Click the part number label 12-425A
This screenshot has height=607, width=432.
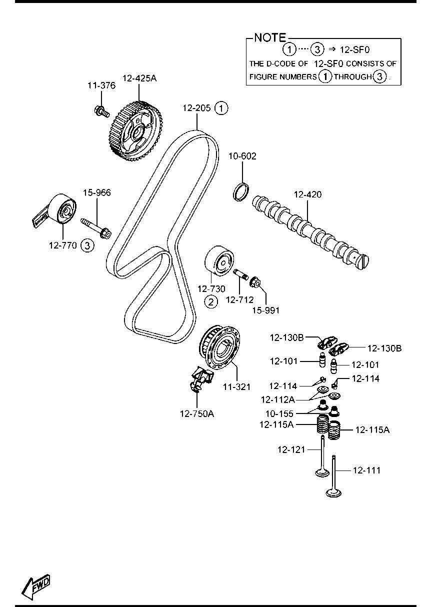(x=139, y=78)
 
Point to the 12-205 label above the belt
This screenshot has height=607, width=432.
(x=196, y=107)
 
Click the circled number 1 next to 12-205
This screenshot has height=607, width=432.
(x=221, y=107)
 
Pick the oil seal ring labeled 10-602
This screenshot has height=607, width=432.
(x=241, y=191)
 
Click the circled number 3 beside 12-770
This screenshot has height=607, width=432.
(x=87, y=245)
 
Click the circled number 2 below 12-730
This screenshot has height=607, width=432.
(x=211, y=301)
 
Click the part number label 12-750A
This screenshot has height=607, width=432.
(x=197, y=413)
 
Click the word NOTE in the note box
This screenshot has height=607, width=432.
(x=270, y=37)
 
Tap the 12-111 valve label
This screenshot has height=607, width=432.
(x=366, y=470)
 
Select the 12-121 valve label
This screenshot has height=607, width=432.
(x=291, y=449)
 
